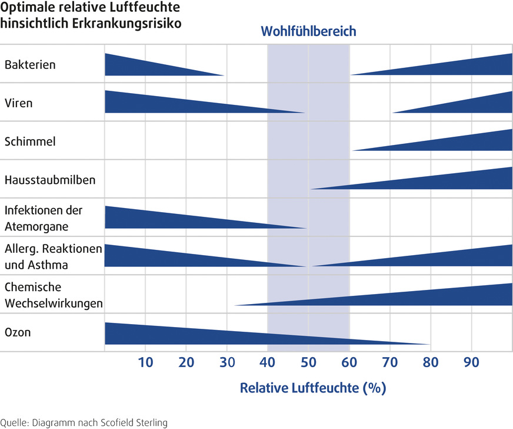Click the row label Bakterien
pyautogui.click(x=30, y=64)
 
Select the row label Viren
pyautogui.click(x=18, y=103)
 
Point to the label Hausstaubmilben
pyautogui.click(x=49, y=180)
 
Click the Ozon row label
pyautogui.click(x=17, y=332)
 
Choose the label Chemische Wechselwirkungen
pyautogui.click(x=54, y=295)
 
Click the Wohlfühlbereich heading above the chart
pyautogui.click(x=308, y=31)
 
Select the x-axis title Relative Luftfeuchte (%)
pyautogui.click(x=312, y=388)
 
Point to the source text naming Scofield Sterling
pyautogui.click(x=85, y=422)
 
